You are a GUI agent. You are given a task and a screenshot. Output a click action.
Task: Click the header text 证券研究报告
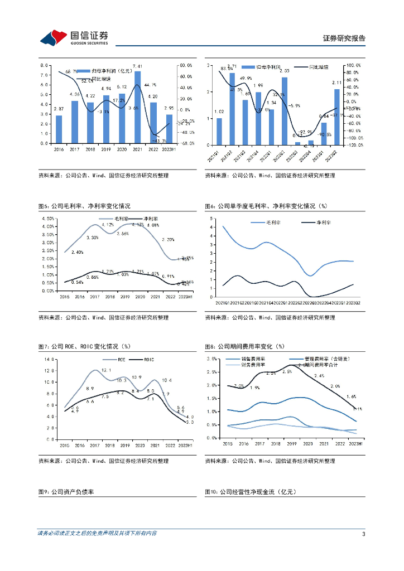344,38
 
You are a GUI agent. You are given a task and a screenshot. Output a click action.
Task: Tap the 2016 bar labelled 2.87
59,129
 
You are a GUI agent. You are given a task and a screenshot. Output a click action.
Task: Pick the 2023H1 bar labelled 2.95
169,129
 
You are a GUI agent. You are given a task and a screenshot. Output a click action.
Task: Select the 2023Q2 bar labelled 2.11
336,117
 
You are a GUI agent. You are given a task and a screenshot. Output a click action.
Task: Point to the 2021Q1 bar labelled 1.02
219,131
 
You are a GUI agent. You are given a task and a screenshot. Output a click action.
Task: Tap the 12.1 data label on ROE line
106,370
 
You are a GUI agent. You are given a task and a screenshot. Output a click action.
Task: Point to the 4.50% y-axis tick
47,219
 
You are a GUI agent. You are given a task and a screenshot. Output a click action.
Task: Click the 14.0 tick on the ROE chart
50,359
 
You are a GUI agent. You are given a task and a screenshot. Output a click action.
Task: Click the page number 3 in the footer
363,534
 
